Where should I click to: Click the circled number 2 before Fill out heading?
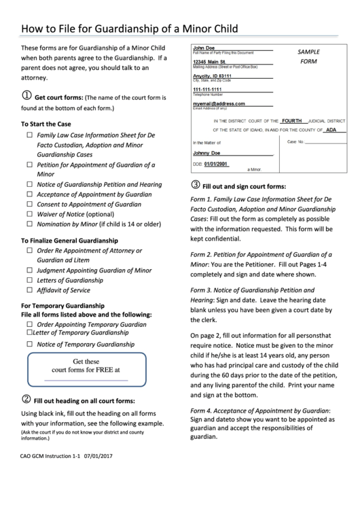[26, 399]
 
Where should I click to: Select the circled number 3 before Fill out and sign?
[196, 185]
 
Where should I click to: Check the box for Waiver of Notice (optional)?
[29, 214]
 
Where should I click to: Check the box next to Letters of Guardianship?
[29, 280]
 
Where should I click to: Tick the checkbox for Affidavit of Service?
[29, 290]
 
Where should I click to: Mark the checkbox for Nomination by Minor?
[29, 224]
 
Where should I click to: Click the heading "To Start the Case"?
[46, 124]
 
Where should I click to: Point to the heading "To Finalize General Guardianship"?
[69, 241]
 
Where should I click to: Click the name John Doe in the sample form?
[204, 48]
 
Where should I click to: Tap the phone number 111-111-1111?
[207, 90]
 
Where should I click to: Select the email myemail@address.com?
[219, 103]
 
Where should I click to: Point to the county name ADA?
[331, 129]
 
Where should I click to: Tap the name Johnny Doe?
[206, 153]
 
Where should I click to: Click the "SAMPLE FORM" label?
[308, 56]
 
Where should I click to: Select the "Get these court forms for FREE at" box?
[86, 368]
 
